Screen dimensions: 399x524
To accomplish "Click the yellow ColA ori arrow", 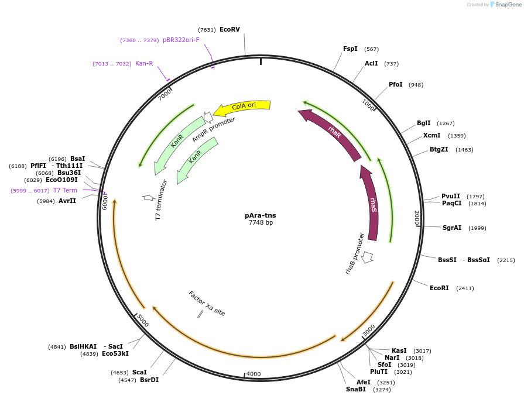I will tap(242, 106).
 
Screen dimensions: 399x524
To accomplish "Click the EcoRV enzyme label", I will tap(230, 29).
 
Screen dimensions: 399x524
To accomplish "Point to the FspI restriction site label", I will tap(350, 49).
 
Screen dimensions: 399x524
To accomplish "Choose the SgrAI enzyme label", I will tap(452, 228).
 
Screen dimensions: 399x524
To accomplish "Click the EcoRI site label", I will tap(439, 288).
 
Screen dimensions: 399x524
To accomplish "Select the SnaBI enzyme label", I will tap(355, 389).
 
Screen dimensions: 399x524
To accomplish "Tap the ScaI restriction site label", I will tap(139, 372).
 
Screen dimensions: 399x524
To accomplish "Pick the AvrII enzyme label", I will tap(67, 201).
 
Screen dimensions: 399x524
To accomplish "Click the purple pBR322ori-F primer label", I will tap(181, 40).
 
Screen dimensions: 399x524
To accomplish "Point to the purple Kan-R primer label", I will tap(144, 63).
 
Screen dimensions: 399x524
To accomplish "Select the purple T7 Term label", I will tap(65, 190).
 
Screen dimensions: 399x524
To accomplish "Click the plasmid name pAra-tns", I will tap(261, 215).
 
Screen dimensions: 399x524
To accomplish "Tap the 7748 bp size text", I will tap(261, 222).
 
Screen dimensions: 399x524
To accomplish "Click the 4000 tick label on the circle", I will tap(254, 374).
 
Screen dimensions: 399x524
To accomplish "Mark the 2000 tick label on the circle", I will tap(416, 218).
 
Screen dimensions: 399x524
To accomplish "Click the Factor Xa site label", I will tap(207, 303).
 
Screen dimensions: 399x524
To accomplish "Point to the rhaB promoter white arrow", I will tap(367, 257).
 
